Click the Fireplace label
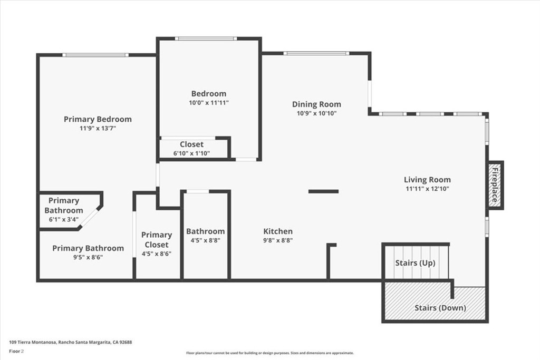pyautogui.click(x=495, y=185)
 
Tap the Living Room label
pyautogui.click(x=427, y=180)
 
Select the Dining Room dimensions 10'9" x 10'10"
pyautogui.click(x=316, y=113)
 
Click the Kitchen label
pyautogui.click(x=278, y=231)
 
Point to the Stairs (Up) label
pyautogui.click(x=415, y=263)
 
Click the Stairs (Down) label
pyautogui.click(x=440, y=308)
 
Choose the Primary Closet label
pyautogui.click(x=156, y=239)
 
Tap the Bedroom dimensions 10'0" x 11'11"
pyautogui.click(x=209, y=103)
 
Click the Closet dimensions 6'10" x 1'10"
pyautogui.click(x=191, y=153)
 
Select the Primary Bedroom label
pyautogui.click(x=98, y=119)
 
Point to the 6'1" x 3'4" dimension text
pyautogui.click(x=64, y=220)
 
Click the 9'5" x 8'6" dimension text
pyautogui.click(x=88, y=257)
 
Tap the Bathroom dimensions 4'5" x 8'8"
pyautogui.click(x=205, y=240)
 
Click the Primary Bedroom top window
pyautogui.click(x=95, y=55)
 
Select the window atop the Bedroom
pyautogui.click(x=206, y=38)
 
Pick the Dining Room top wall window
pyautogui.click(x=316, y=53)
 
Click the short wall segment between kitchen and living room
pyautogui.click(x=323, y=191)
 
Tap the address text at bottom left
pyautogui.click(x=71, y=342)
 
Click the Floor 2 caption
pyautogui.click(x=16, y=352)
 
